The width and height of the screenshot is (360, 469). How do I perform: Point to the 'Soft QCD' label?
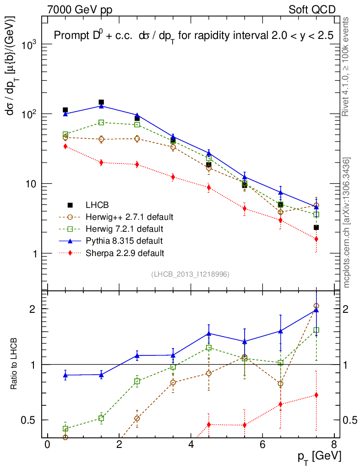pos(312,9)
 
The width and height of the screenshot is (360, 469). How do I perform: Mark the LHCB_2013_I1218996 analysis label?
pos(190,274)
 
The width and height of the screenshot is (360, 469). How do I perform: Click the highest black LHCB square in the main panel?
pos(101,102)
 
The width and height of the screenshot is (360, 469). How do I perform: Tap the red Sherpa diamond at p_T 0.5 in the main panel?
pos(65,146)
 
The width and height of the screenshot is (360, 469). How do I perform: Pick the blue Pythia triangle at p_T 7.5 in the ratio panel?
pos(316,310)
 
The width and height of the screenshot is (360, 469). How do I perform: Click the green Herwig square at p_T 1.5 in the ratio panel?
pos(101,418)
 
